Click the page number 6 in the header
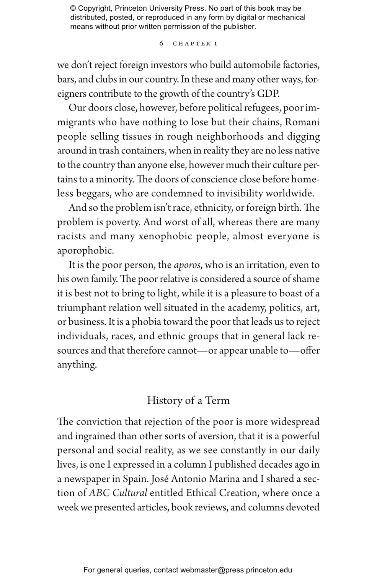tap(161, 43)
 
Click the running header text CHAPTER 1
tap(195, 44)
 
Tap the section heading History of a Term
tap(188, 400)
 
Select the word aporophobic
tap(85, 251)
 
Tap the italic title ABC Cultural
tap(118, 493)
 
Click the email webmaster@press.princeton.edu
tap(236, 570)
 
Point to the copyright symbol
tap(73, 8)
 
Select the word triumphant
tap(79, 308)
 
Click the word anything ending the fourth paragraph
tap(77, 365)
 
